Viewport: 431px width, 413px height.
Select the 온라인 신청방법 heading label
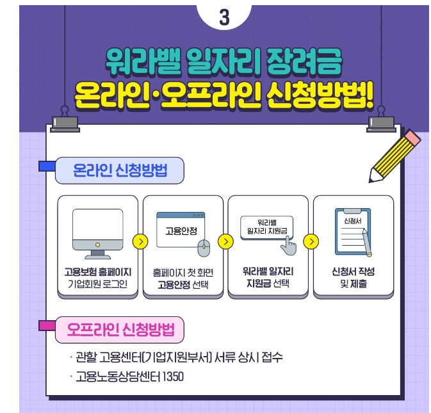click(120, 171)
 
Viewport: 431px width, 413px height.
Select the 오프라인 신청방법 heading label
click(120, 330)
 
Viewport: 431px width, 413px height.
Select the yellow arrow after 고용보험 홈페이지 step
click(140, 242)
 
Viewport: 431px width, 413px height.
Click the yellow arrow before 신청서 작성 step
click(311, 242)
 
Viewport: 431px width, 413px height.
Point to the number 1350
click(172, 377)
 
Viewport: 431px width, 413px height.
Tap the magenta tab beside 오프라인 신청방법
click(46, 326)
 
